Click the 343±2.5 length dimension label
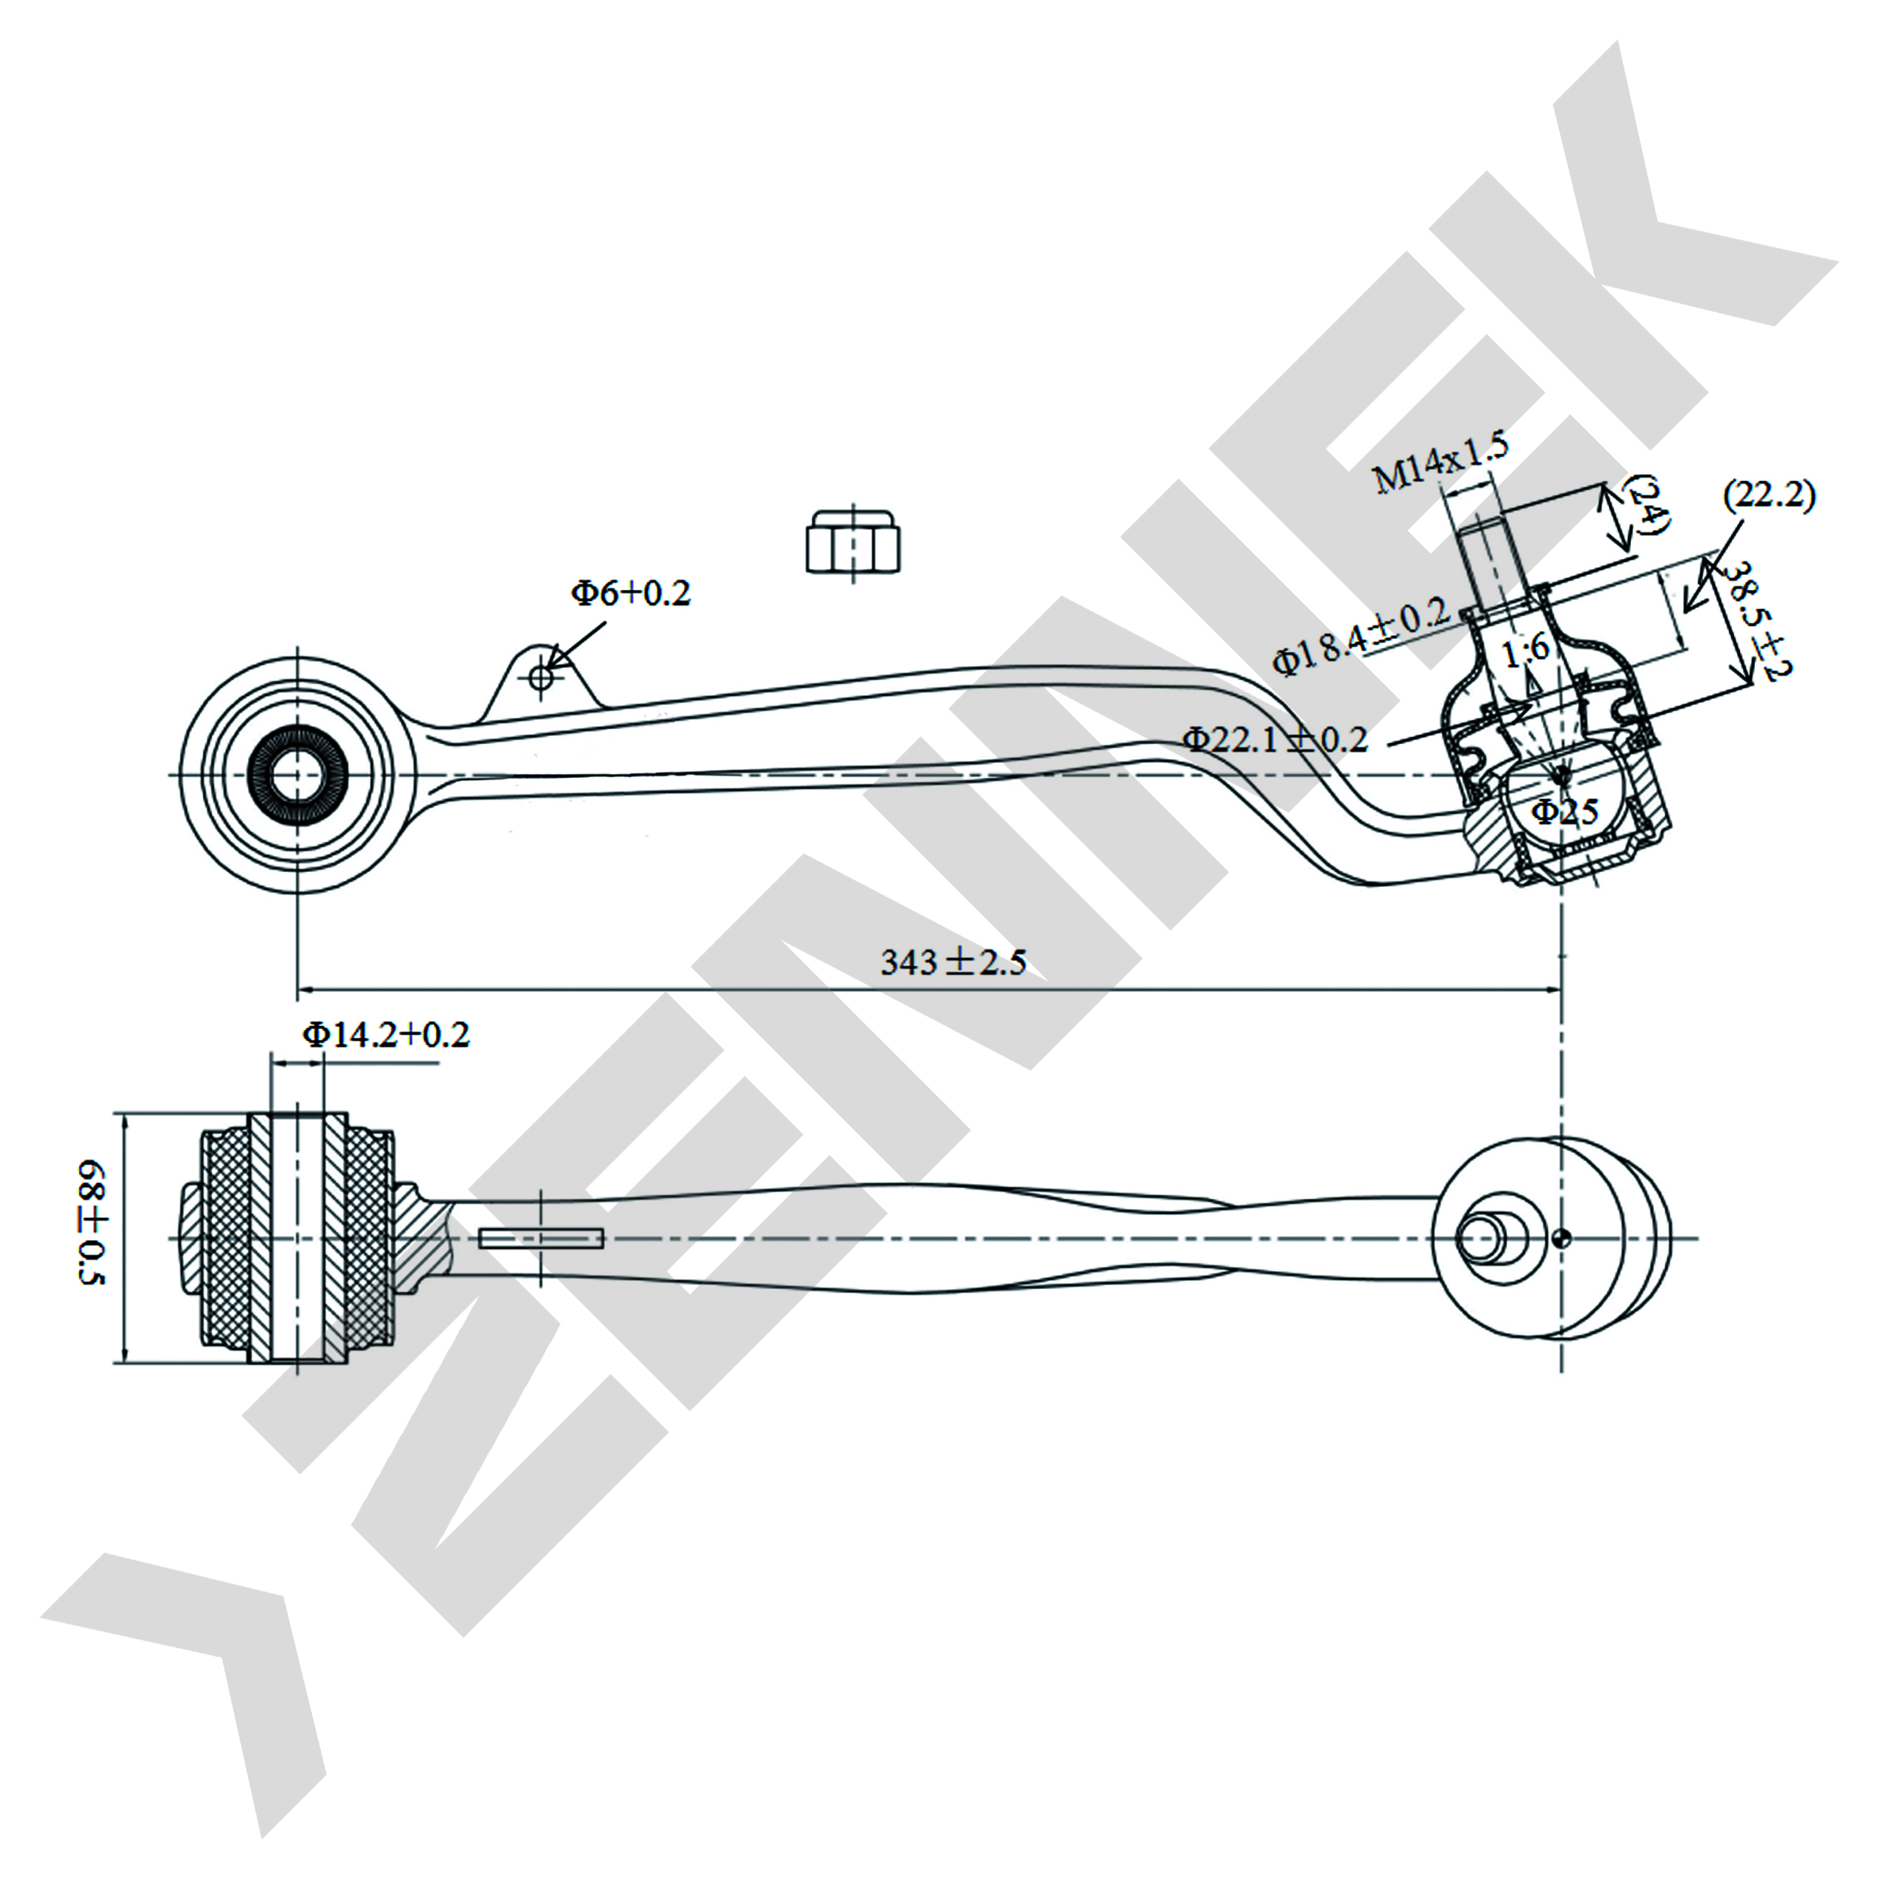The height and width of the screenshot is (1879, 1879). [953, 962]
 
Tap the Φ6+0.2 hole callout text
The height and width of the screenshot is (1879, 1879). [631, 592]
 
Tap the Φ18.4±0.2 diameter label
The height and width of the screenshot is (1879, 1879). [1363, 638]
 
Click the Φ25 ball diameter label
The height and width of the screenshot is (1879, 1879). [1566, 811]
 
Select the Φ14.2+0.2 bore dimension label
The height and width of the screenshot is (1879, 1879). [386, 1034]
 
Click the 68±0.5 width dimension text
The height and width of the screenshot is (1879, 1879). [92, 1223]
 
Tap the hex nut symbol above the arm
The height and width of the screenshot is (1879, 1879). [853, 543]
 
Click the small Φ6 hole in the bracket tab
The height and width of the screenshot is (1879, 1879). [542, 677]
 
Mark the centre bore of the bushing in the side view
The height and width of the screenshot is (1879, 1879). [297, 775]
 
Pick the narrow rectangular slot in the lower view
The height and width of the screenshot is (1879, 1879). [540, 1238]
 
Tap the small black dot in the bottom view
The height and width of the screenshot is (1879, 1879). [1561, 1238]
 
